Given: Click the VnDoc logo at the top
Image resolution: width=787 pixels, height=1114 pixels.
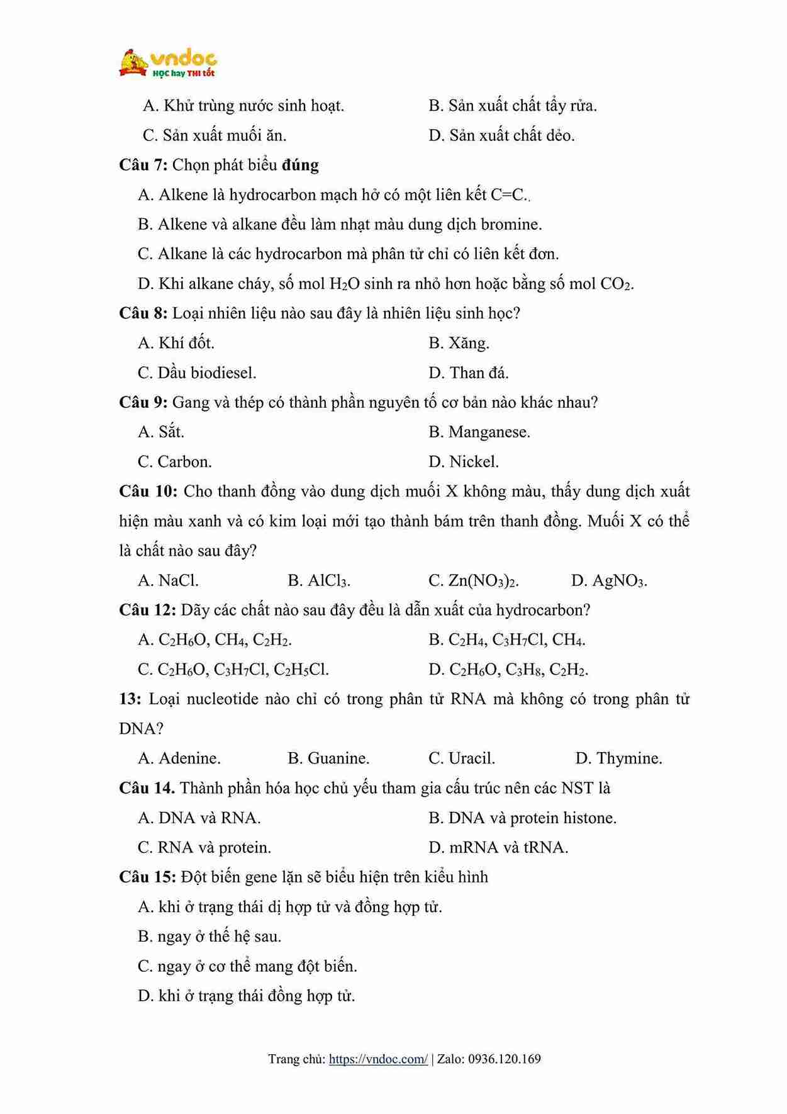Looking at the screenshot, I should click(x=168, y=63).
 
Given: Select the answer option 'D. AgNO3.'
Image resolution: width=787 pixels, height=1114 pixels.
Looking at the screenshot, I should click(x=608, y=580).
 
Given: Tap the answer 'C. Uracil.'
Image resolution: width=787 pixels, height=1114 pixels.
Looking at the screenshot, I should click(x=462, y=758).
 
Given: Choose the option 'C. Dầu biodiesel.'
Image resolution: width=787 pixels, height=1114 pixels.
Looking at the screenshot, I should click(x=197, y=373).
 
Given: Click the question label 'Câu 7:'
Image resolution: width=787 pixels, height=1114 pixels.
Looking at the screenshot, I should click(x=143, y=165).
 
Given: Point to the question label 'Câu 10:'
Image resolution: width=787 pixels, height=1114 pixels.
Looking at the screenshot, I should click(x=148, y=492).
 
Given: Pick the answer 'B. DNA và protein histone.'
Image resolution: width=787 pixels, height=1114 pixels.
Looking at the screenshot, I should click(x=522, y=818).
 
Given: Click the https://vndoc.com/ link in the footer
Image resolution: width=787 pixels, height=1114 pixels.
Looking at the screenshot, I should click(x=378, y=1059).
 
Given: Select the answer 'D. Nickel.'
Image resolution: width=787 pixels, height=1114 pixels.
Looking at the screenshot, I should click(x=464, y=462).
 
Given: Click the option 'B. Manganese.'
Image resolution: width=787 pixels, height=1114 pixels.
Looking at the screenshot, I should click(x=479, y=432).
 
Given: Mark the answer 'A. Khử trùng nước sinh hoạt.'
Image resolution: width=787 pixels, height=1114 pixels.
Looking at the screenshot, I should click(x=243, y=106).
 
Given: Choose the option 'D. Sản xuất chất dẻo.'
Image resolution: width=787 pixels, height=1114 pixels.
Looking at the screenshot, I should click(x=501, y=135).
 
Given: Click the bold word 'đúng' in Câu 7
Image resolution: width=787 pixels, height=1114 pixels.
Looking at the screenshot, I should click(x=300, y=165).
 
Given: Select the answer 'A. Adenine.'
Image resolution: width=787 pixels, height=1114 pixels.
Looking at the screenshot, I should click(x=179, y=758).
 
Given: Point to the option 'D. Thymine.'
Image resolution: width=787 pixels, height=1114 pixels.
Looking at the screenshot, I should click(x=618, y=758).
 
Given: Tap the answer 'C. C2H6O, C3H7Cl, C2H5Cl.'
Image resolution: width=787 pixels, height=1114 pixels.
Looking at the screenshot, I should click(x=233, y=670).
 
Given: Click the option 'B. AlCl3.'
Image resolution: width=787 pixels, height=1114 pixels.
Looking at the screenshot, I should click(x=319, y=580).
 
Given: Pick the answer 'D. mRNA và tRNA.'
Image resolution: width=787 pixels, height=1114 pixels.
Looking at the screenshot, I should click(x=498, y=848).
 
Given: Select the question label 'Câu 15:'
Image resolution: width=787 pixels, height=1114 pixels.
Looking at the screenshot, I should click(x=147, y=877).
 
